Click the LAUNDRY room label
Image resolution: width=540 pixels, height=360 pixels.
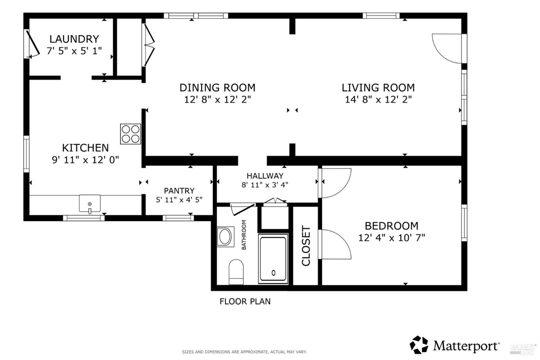pos(74,39)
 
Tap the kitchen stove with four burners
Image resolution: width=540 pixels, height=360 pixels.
pos(130,134)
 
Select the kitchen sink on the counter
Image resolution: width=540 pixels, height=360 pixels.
pos(90,204)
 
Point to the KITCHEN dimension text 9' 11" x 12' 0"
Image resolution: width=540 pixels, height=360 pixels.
pos(85,159)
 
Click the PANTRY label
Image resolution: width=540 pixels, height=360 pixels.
pos(179,191)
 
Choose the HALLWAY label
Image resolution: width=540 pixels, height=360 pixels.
pos(265,176)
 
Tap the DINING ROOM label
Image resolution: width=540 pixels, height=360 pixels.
pos(217,87)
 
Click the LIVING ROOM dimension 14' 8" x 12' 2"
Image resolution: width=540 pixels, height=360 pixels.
pos(378,99)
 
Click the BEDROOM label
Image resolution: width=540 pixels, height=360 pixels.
pos(391,226)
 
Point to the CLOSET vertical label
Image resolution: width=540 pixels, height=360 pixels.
pos(306,246)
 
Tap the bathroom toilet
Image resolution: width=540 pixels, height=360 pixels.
pos(236,272)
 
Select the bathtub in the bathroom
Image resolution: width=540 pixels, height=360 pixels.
pos(273,258)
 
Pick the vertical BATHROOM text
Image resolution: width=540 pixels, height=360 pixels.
pos(244,235)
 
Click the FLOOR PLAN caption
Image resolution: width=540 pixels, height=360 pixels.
pos(245,301)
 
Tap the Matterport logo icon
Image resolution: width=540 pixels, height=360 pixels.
pos(419,345)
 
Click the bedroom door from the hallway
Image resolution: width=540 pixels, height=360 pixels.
pos(336,183)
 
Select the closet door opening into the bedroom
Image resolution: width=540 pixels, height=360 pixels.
pos(336,244)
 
